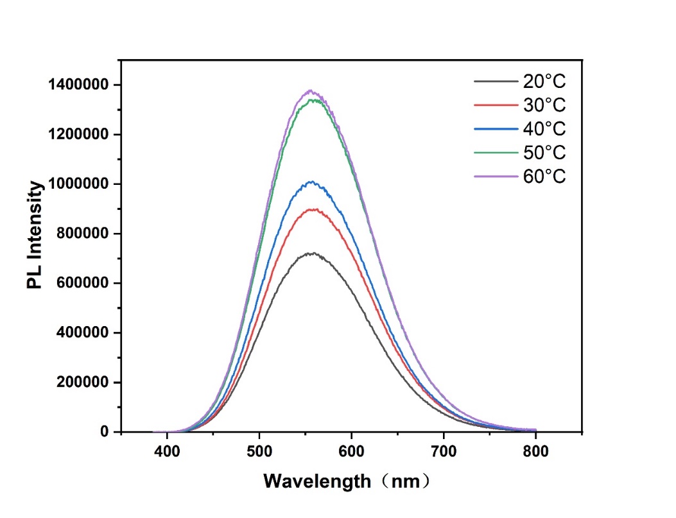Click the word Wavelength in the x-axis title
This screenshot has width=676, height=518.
[317, 480]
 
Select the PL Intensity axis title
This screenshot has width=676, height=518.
[36, 235]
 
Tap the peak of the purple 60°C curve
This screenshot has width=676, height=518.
[311, 91]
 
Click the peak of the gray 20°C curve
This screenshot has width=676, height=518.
[311, 254]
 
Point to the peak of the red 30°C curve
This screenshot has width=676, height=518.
[313, 209]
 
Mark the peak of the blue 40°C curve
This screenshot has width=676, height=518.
[312, 182]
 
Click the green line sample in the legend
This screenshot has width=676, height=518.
[495, 153]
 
